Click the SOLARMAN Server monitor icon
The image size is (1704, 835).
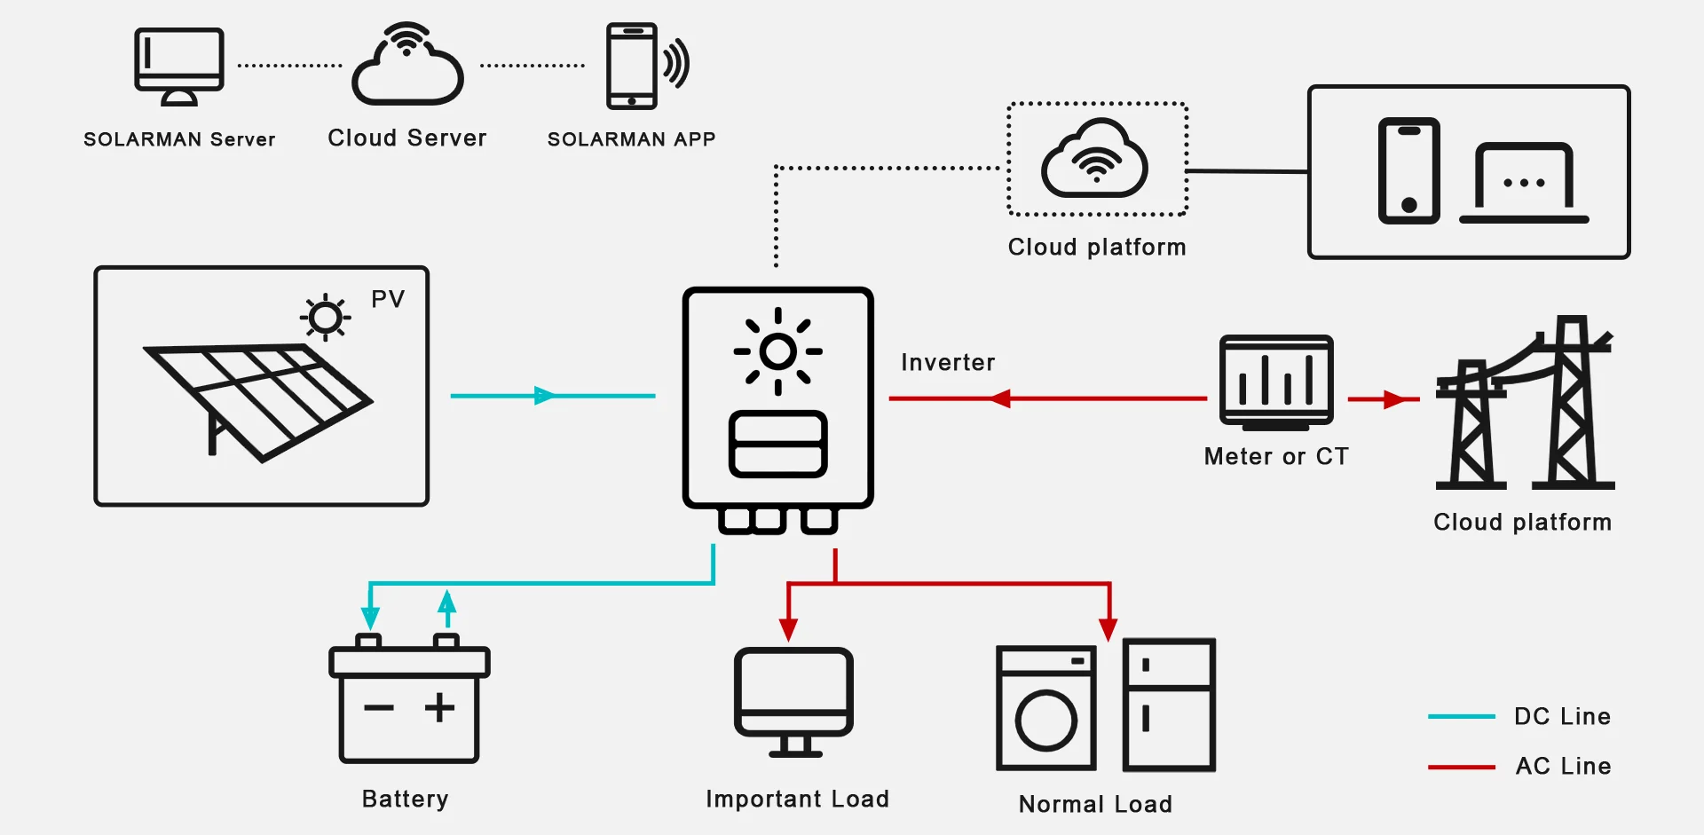pyautogui.click(x=178, y=65)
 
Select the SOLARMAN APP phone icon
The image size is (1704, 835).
pyautogui.click(x=632, y=66)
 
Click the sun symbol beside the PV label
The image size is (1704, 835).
pyautogui.click(x=326, y=317)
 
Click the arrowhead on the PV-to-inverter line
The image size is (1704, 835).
pyautogui.click(x=545, y=396)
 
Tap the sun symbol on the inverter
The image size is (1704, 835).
pyautogui.click(x=777, y=351)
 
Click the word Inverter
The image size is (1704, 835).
pyautogui.click(x=948, y=362)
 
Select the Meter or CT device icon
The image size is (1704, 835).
pyautogui.click(x=1276, y=382)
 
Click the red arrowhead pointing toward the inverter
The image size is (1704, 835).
pyautogui.click(x=1000, y=398)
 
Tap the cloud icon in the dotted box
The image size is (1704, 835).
pyautogui.click(x=1095, y=159)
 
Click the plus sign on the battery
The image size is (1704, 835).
pyautogui.click(x=439, y=707)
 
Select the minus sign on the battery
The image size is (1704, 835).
pyautogui.click(x=379, y=707)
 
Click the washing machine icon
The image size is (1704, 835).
pyautogui.click(x=1046, y=708)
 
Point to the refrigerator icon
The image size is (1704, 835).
pyautogui.click(x=1169, y=705)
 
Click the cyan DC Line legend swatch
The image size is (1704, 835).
pyautogui.click(x=1461, y=716)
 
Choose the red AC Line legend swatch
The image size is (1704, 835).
pyautogui.click(x=1461, y=767)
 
